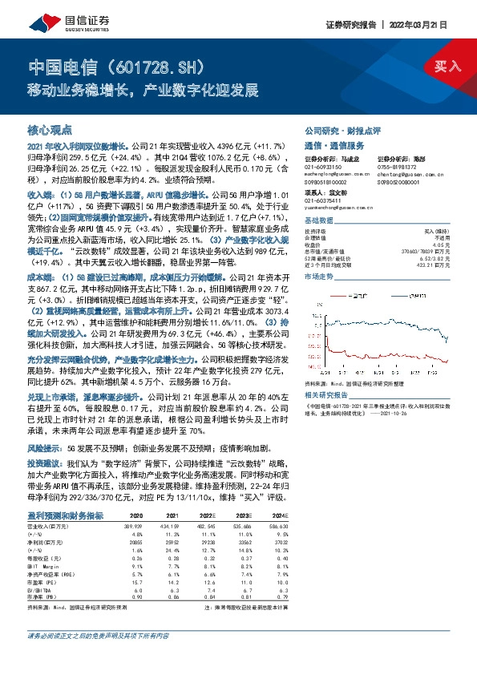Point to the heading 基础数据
(319, 221)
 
